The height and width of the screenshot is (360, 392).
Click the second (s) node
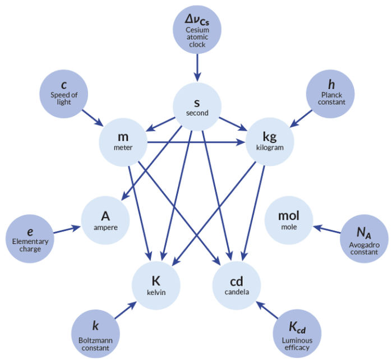click(x=197, y=107)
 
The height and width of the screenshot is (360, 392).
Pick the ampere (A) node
click(x=105, y=220)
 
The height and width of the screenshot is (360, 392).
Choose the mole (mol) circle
click(x=288, y=220)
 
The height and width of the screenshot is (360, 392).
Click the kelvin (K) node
click(x=156, y=285)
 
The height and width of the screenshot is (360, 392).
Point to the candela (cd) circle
click(x=237, y=285)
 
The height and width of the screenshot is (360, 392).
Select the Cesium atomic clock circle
click(x=197, y=30)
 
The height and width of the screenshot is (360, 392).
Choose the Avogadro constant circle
click(x=363, y=239)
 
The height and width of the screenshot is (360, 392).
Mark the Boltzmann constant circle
click(x=96, y=334)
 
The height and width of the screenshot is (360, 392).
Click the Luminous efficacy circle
click(x=298, y=334)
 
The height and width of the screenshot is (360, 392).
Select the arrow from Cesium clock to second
click(x=197, y=66)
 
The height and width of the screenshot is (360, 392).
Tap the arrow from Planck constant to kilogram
click(x=302, y=117)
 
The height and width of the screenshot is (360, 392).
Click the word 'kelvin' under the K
click(x=156, y=293)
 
